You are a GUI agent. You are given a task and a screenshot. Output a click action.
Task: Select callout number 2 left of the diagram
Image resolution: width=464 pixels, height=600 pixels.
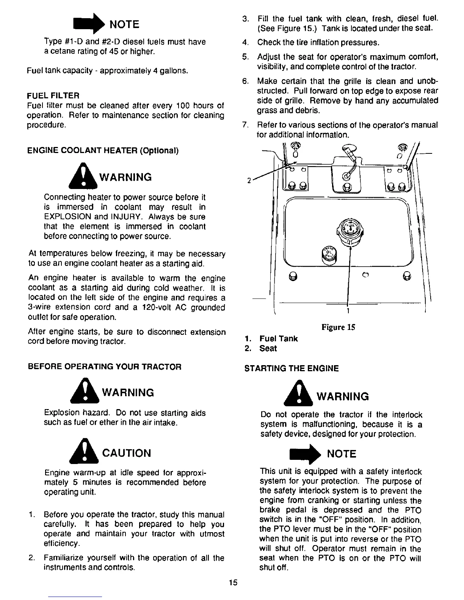coord(248,180)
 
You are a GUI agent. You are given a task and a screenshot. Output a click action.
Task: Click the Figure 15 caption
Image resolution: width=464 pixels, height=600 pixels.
coord(338,327)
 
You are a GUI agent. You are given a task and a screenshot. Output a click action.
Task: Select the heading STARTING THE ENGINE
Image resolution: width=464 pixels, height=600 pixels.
coord(292,368)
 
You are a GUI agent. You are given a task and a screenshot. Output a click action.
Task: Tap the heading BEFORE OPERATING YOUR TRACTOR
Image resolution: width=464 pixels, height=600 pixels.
coord(105,367)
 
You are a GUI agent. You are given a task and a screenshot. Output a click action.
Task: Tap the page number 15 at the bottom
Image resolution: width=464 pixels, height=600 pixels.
coord(233,583)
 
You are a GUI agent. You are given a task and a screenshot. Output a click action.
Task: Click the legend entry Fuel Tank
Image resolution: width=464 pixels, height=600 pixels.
coord(278,339)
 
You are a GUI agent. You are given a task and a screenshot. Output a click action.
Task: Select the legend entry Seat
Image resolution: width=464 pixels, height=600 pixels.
coord(268,348)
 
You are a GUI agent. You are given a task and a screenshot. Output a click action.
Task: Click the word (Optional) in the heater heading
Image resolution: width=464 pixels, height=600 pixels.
coord(159,150)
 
